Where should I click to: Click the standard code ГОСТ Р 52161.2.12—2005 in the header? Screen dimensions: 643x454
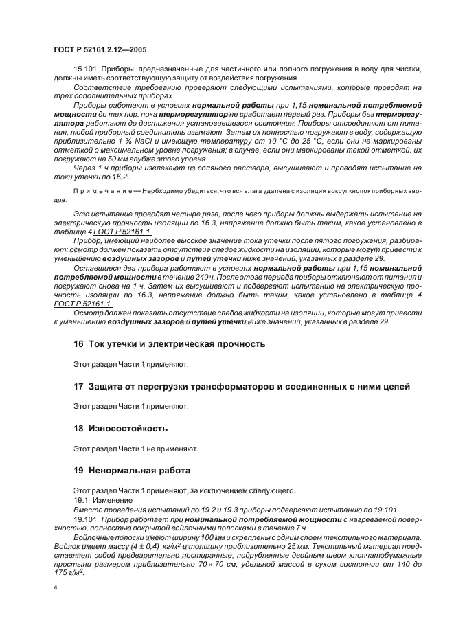99,49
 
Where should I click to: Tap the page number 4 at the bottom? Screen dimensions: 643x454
55,588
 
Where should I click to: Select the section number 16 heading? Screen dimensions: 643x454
78,343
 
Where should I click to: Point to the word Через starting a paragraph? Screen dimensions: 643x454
85,167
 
